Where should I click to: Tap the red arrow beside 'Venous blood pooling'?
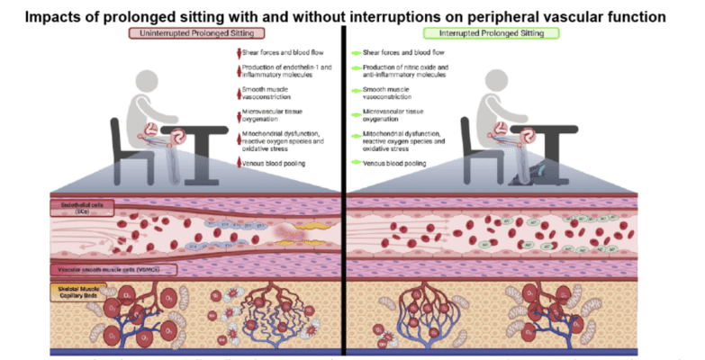239,162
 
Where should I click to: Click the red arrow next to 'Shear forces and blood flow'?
239,50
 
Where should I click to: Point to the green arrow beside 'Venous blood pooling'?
356,163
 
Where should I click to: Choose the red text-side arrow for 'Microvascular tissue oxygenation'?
239,114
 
